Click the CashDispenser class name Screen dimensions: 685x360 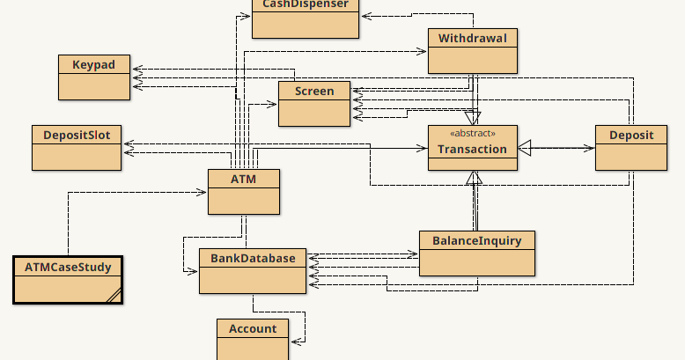coord(306,4)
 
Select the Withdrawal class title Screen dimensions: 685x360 coord(473,39)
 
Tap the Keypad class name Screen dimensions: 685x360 coord(94,65)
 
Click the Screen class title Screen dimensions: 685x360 coord(314,92)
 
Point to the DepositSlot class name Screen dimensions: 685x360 coord(77,136)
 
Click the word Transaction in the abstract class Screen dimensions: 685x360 coord(473,150)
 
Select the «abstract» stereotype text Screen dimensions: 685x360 coord(473,133)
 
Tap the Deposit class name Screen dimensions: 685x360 coord(631,136)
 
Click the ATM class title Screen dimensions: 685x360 coord(243,180)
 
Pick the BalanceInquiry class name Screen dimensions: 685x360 coord(477,241)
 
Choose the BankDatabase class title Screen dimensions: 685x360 coord(253,258)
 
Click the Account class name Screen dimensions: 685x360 coord(253,329)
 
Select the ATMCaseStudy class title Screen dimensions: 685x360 coord(68,268)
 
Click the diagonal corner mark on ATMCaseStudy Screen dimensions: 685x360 coord(114,296)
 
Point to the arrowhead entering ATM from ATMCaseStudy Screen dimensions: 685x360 coord(202,192)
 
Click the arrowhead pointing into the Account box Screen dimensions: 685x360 coord(297,342)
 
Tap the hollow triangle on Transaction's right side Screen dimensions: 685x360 coord(525,148)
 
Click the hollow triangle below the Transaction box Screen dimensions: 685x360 coord(474,178)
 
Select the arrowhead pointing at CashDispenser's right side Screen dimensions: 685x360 coord(366,16)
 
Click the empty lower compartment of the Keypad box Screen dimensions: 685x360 coord(94,86)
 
